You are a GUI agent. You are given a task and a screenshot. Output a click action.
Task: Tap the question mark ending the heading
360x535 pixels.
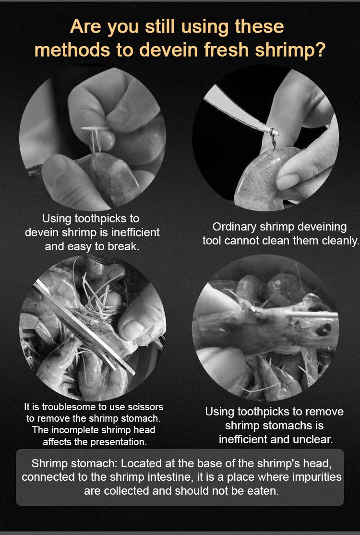(320, 50)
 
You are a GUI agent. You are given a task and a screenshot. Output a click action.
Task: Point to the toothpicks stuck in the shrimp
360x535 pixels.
(94, 138)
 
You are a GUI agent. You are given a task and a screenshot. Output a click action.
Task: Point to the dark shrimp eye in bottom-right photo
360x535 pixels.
(323, 329)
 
